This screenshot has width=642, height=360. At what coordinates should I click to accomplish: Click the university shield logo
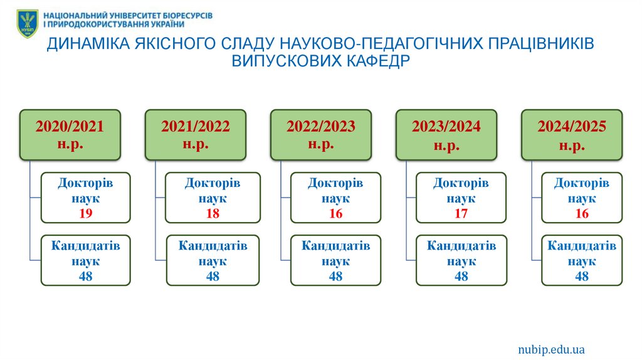coord(27,23)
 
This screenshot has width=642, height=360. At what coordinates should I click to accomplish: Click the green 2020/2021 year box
coord(70,135)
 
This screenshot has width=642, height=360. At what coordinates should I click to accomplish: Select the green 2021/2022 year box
coord(195,135)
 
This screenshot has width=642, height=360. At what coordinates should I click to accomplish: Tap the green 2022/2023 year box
coord(320,135)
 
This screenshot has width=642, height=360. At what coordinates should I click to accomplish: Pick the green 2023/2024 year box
coord(446,135)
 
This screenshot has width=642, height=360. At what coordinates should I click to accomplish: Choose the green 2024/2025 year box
coord(571,135)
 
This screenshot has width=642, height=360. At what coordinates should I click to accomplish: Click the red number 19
coord(85,214)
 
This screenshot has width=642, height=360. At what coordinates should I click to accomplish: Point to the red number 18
coord(213,214)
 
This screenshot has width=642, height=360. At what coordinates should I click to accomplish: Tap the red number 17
coord(461,214)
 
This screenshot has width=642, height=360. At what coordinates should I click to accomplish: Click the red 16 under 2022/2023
coord(335,214)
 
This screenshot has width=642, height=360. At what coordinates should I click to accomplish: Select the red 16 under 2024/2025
coord(582,214)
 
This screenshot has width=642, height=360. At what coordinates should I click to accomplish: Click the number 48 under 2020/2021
coord(85,276)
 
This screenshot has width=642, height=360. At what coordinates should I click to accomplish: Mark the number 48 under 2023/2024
coord(461,276)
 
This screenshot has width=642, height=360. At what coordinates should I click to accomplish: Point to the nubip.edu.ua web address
coord(551,349)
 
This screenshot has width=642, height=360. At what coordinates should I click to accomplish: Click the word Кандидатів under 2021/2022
coord(213,246)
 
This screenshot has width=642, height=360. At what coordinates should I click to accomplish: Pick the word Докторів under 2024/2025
coord(582,183)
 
